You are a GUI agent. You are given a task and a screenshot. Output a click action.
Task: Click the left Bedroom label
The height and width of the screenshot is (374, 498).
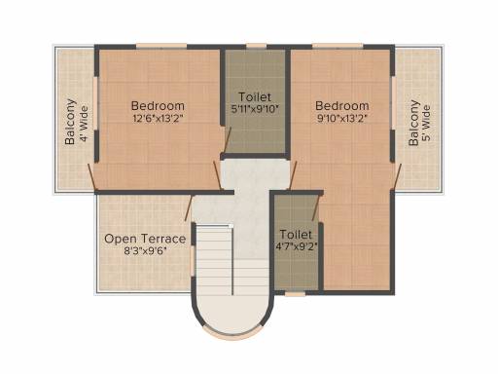[157, 105]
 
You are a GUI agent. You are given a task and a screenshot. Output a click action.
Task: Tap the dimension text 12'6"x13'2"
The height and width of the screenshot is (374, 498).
[157, 119]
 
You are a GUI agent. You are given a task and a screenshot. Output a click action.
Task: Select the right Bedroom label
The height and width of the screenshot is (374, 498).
[341, 105]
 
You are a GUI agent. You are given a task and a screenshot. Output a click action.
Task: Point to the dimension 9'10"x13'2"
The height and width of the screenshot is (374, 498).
[341, 119]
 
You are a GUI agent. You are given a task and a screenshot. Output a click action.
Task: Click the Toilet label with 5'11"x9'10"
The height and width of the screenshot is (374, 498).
[256, 97]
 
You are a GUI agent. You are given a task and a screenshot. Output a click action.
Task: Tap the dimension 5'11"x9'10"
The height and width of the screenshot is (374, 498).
[256, 110]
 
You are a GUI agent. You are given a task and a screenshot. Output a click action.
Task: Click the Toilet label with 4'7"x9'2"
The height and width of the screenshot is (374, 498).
[295, 235]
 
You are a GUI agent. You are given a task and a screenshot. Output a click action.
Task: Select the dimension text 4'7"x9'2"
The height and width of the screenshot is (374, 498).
[295, 247]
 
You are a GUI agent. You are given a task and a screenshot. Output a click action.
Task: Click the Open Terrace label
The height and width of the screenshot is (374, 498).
[145, 239]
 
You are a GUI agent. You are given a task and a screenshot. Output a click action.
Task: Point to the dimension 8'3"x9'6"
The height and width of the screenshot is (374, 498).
[145, 251]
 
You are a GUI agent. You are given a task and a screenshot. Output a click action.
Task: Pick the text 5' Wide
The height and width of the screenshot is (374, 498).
[428, 123]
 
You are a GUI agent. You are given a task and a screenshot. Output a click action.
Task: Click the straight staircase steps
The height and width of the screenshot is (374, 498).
[214, 258]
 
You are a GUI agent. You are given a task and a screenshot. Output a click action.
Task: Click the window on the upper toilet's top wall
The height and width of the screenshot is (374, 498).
[256, 45]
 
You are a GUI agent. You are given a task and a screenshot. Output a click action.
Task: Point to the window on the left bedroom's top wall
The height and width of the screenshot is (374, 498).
[156, 45]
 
